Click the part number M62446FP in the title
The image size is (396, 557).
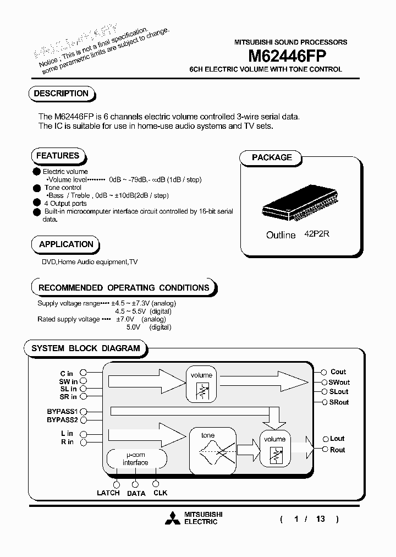tap(288, 55)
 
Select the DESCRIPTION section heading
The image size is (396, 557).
tap(61, 94)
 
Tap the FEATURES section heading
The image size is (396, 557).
tap(57, 156)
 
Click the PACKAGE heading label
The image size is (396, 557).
tap(272, 157)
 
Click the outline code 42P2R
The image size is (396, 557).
tap(317, 234)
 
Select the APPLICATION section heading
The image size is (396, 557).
tap(66, 244)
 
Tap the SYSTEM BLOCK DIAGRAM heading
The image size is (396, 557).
tap(85, 348)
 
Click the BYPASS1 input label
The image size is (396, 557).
tap(63, 411)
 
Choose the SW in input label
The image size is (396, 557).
tap(68, 381)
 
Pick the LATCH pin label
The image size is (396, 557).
tap(108, 493)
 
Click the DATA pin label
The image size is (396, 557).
tap(136, 493)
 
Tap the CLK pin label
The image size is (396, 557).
tap(160, 493)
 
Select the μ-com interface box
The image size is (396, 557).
tap(135, 459)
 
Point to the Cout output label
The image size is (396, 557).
tap(338, 372)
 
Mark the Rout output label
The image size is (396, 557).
tap(338, 450)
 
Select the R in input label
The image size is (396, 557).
tap(67, 442)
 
